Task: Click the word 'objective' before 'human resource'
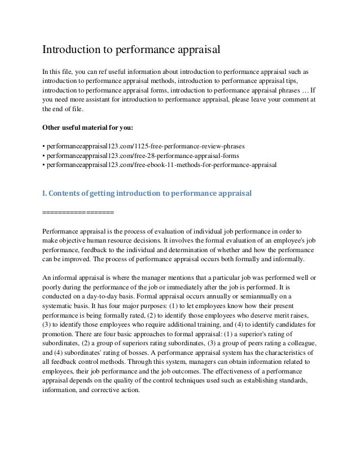(x=76, y=240)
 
